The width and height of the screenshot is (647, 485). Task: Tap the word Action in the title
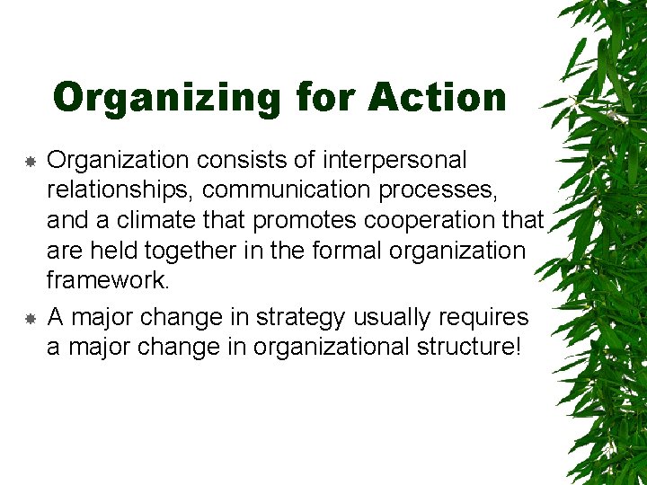(439, 97)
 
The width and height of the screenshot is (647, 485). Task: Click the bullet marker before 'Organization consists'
(30, 163)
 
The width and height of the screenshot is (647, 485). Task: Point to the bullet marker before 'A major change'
(30, 319)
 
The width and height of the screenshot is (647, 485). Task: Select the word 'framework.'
(108, 281)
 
